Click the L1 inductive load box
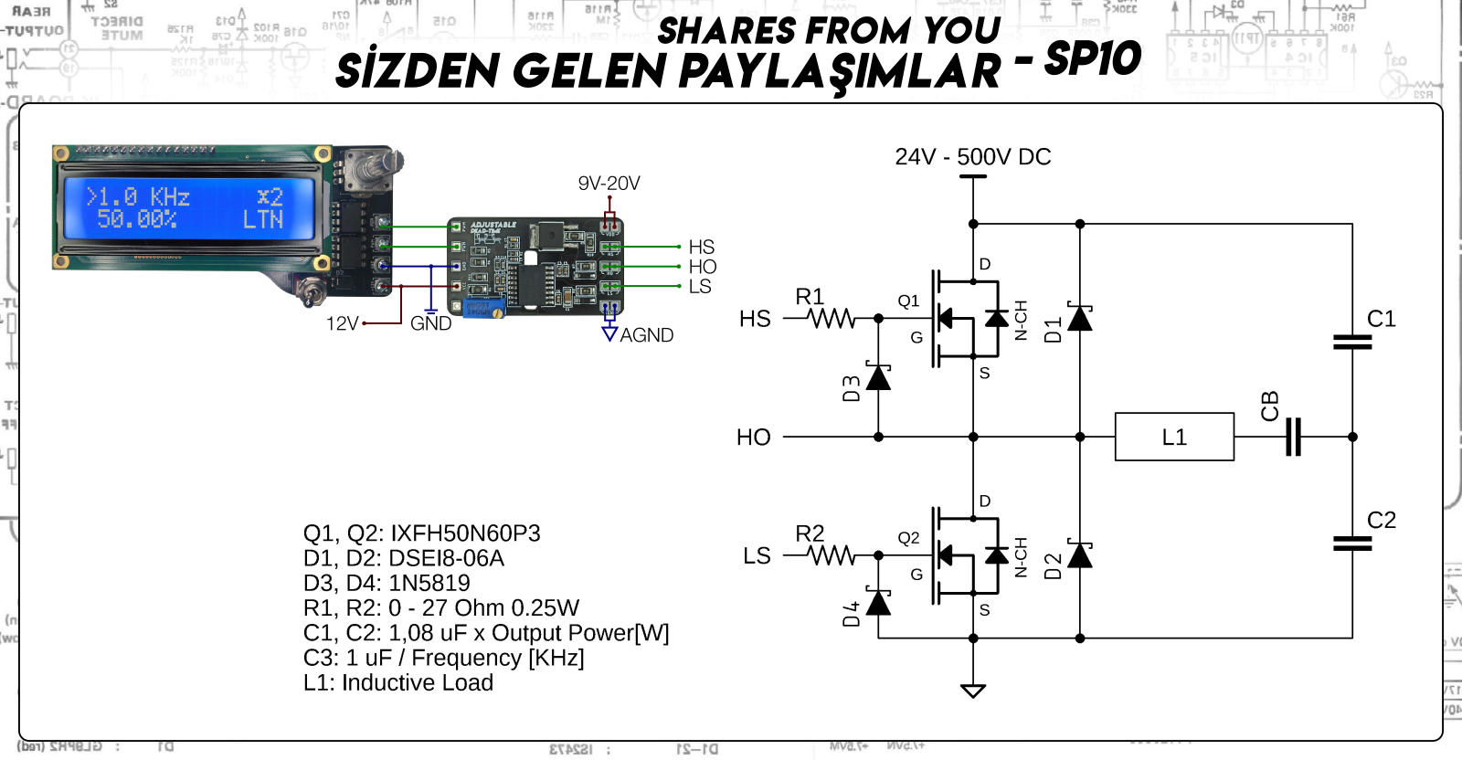pyautogui.click(x=1174, y=437)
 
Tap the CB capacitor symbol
pyautogui.click(x=1293, y=437)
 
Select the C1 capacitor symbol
pyautogui.click(x=1352, y=343)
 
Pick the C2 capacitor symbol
pyautogui.click(x=1352, y=544)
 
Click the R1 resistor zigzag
pyautogui.click(x=832, y=319)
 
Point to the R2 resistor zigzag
pyautogui.click(x=832, y=555)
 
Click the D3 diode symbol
pyautogui.click(x=878, y=376)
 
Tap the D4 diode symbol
pyautogui.click(x=878, y=603)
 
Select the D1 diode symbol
pyautogui.click(x=1080, y=318)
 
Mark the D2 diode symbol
pyautogui.click(x=1080, y=554)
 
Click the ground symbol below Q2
pyautogui.click(x=973, y=691)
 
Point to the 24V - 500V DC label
pyautogui.click(x=973, y=157)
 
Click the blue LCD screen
pyautogui.click(x=188, y=208)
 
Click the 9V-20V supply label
pyautogui.click(x=609, y=184)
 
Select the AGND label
pyautogui.click(x=646, y=335)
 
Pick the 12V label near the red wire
pyautogui.click(x=343, y=323)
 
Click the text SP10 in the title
pyautogui.click(x=1092, y=58)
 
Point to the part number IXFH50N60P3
pyautogui.click(x=465, y=533)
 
